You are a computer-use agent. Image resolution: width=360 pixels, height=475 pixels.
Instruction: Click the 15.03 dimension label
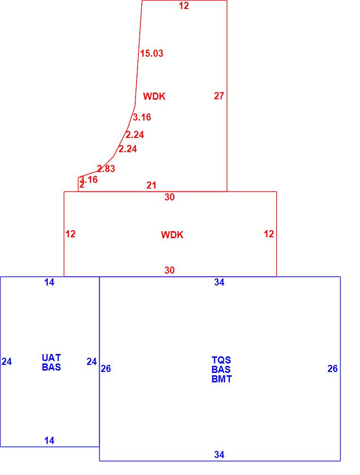coord(152,53)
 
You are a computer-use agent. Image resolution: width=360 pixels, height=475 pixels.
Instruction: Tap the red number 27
coord(219,96)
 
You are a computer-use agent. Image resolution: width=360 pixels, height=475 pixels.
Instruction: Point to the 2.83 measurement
coord(106,169)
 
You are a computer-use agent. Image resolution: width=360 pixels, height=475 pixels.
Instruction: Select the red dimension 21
coord(151,185)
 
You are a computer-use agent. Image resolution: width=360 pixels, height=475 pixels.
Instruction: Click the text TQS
coord(221,360)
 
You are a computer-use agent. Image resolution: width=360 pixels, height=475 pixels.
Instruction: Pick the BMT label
coord(222,379)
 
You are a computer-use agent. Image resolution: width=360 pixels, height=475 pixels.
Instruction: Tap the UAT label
coord(51,358)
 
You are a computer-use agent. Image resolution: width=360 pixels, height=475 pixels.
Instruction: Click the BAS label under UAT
coord(51,367)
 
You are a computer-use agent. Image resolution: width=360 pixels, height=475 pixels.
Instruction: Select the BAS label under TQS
coord(221,370)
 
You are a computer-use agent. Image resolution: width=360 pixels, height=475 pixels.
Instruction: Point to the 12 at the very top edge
coord(184,6)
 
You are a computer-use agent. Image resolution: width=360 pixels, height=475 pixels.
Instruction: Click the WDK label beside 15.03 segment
coord(154,96)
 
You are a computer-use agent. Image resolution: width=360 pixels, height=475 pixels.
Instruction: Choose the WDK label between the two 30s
coord(172,235)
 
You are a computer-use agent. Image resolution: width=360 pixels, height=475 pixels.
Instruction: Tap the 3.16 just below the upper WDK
coord(142,117)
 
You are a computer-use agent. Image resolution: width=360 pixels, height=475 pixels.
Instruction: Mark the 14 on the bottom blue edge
coord(49,440)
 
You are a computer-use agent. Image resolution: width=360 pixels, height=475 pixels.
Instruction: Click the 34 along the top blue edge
coord(219,282)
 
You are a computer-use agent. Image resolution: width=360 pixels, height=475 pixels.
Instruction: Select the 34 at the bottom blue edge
coord(219,455)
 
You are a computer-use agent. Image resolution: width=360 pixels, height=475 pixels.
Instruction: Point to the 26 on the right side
coord(333,369)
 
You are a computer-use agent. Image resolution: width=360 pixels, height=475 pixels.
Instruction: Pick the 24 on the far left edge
coord(7,362)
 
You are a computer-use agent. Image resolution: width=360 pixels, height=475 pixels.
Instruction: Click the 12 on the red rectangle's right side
coord(269,234)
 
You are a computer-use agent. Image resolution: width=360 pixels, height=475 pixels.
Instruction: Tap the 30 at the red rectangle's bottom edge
coord(170,270)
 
